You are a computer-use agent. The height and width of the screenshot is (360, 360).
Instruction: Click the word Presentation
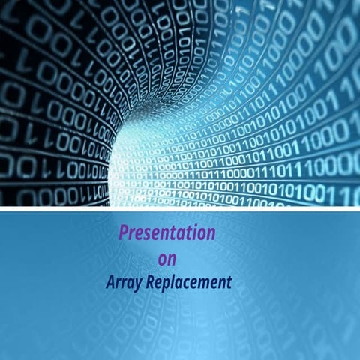click(166, 233)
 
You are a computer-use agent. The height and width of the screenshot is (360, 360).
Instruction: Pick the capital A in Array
click(109, 283)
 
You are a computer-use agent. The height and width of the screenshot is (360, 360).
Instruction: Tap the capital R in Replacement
click(151, 283)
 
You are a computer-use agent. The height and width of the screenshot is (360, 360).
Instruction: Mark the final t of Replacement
click(229, 283)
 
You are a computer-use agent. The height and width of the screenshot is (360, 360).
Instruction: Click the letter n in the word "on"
click(172, 260)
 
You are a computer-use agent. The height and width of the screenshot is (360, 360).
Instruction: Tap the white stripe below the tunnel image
click(180, 209)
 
